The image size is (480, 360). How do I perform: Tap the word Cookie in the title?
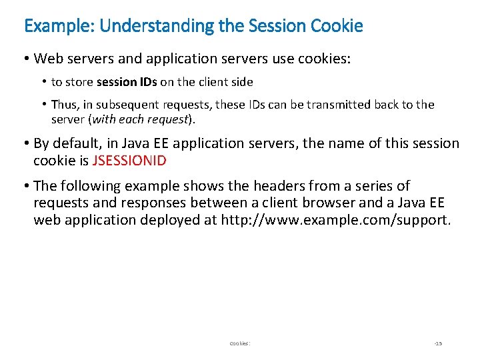[x=337, y=26]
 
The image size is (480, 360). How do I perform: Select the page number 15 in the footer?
[x=438, y=343]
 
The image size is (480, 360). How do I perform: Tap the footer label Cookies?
[x=239, y=343]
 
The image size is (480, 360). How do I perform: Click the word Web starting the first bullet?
[x=47, y=59]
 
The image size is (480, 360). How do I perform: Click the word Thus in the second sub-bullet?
[x=65, y=105]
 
